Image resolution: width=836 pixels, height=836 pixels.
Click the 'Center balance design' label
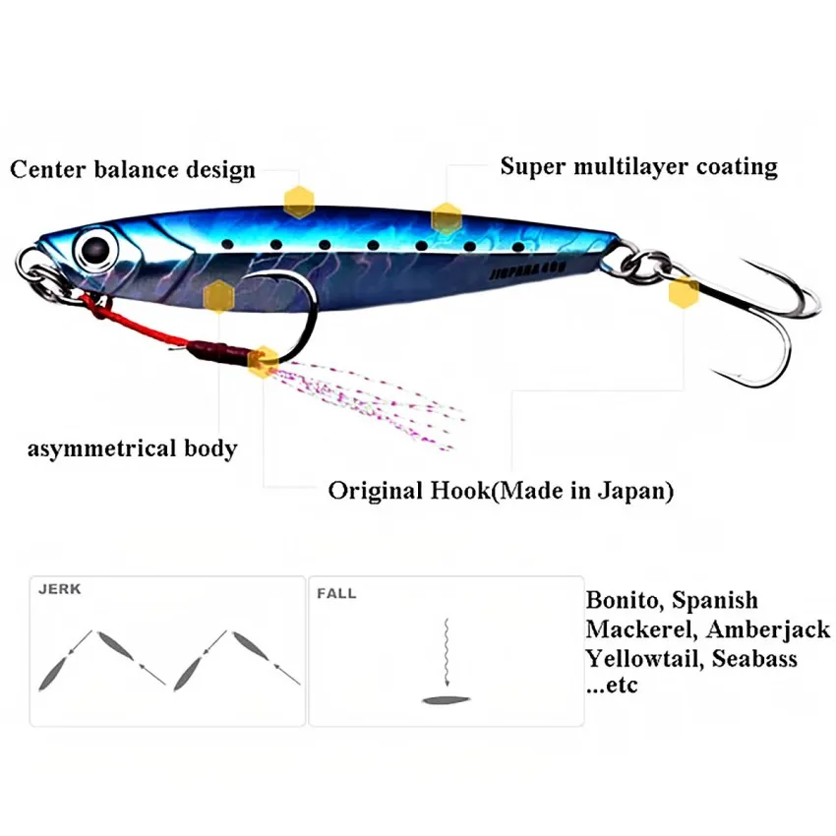click(x=133, y=169)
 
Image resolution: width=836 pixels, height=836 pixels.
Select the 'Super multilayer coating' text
click(x=638, y=165)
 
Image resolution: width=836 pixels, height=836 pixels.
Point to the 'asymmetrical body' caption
click(x=132, y=449)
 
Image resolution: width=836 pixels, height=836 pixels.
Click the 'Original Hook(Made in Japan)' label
click(x=501, y=490)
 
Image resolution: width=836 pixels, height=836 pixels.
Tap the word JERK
click(x=59, y=590)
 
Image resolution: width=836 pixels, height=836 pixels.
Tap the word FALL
click(x=336, y=594)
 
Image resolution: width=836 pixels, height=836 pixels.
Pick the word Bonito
click(x=624, y=600)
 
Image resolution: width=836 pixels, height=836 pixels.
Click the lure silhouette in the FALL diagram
click(x=449, y=700)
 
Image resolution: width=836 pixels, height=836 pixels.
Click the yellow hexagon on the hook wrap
click(x=262, y=362)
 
